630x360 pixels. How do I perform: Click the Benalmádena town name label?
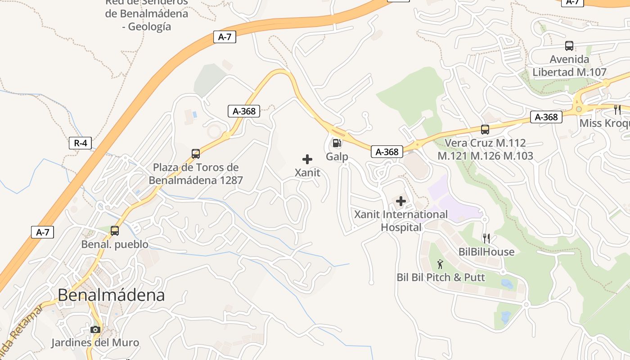click(111, 295)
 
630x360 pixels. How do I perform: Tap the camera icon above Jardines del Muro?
click(95, 329)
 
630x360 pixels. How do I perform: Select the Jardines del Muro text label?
click(95, 342)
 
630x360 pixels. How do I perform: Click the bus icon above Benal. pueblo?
click(115, 231)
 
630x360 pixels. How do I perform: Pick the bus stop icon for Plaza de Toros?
click(196, 153)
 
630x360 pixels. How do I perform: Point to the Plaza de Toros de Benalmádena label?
click(195, 174)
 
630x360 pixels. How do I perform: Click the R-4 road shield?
click(80, 144)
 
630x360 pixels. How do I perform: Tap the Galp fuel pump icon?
click(337, 144)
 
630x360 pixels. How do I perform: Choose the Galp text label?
click(337, 157)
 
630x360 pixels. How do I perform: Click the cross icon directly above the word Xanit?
click(307, 159)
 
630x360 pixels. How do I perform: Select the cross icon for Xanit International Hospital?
click(400, 201)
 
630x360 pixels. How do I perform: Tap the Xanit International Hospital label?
click(401, 220)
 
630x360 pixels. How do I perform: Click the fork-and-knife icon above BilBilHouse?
click(486, 238)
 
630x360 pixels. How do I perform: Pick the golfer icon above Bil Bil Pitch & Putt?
click(440, 264)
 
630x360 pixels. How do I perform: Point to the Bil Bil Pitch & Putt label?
click(441, 277)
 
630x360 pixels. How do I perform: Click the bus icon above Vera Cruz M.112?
click(485, 130)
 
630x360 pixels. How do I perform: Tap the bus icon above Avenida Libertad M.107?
click(569, 45)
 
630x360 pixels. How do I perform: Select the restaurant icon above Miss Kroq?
click(617, 109)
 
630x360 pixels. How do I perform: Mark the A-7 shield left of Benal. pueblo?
click(42, 232)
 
